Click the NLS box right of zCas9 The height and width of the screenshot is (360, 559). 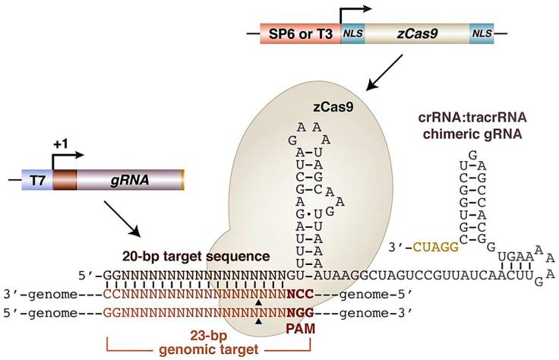(482, 33)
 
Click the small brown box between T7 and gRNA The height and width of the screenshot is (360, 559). (64, 180)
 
